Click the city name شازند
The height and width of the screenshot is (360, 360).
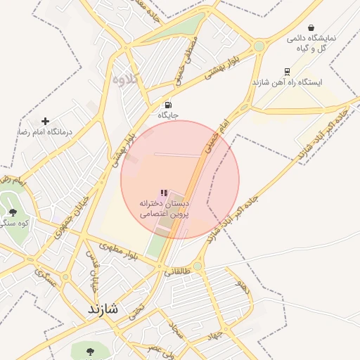[x=103, y=309]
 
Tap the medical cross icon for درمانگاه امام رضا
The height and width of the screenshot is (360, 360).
[x=46, y=122]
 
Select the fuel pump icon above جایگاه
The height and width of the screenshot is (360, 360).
[x=167, y=105]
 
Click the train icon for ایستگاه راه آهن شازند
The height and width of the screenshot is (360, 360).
[x=287, y=72]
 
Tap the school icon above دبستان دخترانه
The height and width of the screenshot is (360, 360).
[x=164, y=193]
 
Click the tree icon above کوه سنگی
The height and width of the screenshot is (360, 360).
[x=12, y=213]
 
